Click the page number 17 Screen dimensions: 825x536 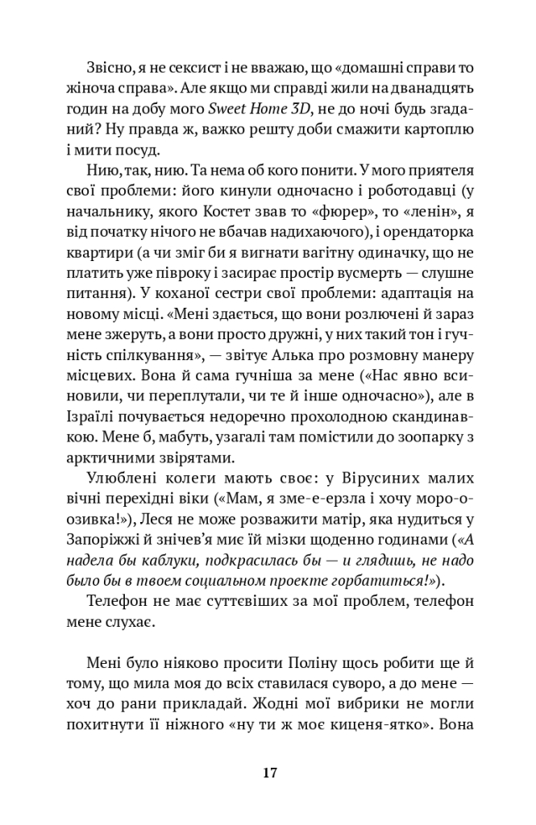coord(269,773)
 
